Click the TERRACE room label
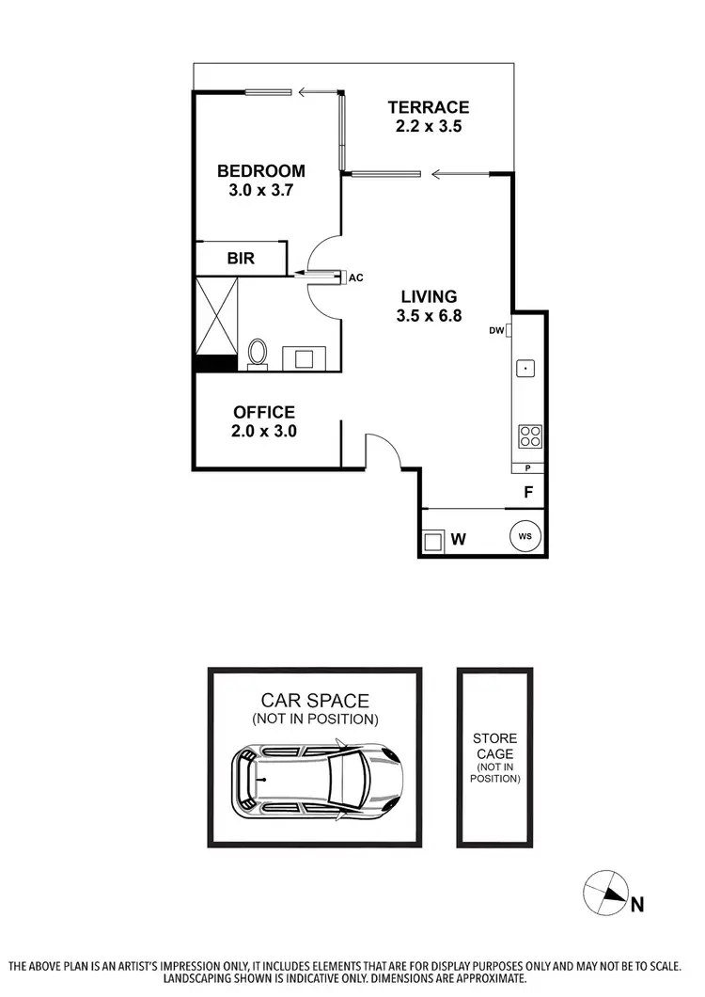[428, 107]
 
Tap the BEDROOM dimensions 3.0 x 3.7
[260, 189]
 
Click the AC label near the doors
[355, 277]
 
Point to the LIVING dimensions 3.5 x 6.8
[427, 316]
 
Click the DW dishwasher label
[495, 330]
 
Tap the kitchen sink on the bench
[525, 369]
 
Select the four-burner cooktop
[529, 436]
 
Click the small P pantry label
[528, 468]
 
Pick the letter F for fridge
[528, 491]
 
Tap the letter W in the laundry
[459, 540]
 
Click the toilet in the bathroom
[258, 354]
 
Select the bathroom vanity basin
[305, 357]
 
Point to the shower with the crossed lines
[215, 315]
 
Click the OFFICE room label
[264, 412]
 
